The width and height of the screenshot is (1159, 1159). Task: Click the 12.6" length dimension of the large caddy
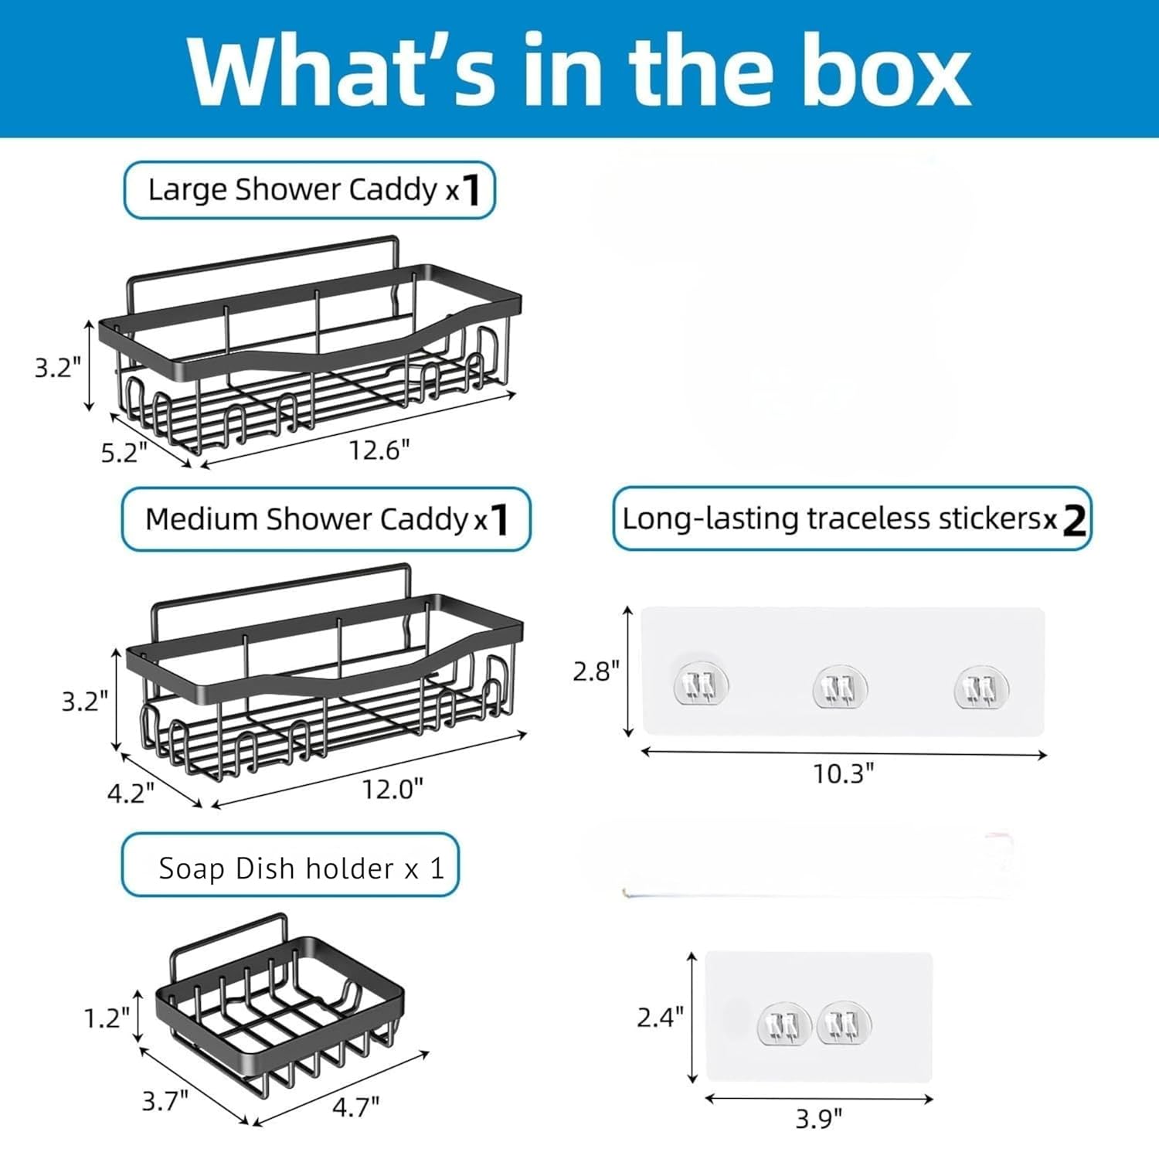tap(379, 450)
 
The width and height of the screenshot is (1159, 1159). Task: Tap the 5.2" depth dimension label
tap(124, 452)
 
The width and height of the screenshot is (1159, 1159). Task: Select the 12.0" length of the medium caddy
tap(393, 789)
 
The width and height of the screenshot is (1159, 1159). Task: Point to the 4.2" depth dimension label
tap(131, 792)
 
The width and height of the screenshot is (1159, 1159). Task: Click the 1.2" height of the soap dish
tap(107, 1018)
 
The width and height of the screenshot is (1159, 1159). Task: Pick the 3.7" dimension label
tap(165, 1100)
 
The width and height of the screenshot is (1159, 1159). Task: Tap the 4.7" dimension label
tap(355, 1106)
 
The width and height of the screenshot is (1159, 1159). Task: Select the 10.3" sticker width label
tap(843, 773)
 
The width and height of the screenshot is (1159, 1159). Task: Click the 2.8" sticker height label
tap(596, 671)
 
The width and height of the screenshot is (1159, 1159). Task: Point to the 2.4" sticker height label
tap(660, 1017)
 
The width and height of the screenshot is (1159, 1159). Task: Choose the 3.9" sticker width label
tap(818, 1117)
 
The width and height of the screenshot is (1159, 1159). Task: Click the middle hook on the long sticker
tap(840, 687)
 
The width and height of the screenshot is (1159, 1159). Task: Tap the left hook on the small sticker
tap(783, 1025)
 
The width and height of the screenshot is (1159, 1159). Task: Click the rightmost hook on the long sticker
tap(981, 687)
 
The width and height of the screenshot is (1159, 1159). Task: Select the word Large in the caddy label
tap(187, 190)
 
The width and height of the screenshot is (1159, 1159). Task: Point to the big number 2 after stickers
tap(1074, 521)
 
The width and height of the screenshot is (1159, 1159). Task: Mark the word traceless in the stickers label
tap(869, 518)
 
